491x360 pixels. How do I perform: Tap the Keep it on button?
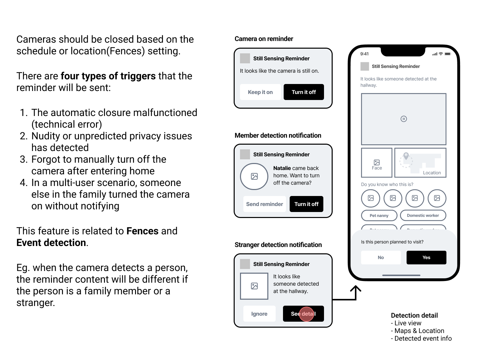[x=260, y=92]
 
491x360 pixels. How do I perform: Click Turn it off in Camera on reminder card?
[x=304, y=92]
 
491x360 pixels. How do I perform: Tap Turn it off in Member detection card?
[x=306, y=204]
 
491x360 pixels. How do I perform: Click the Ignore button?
[x=259, y=314]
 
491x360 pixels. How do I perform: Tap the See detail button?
[x=303, y=314]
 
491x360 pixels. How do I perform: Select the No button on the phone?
[x=381, y=257]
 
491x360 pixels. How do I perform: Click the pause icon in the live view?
[x=404, y=119]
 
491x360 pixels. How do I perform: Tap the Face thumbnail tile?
[x=377, y=163]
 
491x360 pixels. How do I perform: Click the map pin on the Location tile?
[x=406, y=156]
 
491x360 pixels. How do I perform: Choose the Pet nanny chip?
[x=379, y=215]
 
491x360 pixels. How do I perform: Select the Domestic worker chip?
[x=423, y=215]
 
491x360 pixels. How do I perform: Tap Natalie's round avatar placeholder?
[x=254, y=176]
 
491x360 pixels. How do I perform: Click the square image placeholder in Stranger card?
[x=254, y=286]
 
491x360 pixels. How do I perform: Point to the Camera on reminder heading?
[x=264, y=39]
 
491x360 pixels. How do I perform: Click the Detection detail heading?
[x=414, y=315]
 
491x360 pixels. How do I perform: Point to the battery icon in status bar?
[x=448, y=54]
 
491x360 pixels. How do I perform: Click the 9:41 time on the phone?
[x=364, y=54]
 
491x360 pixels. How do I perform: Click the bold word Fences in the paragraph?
[x=142, y=231]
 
